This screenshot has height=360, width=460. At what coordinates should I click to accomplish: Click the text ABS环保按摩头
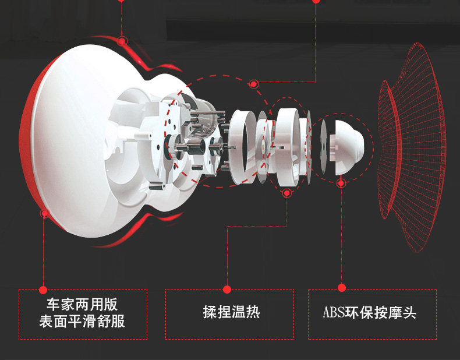pyautogui.click(x=370, y=313)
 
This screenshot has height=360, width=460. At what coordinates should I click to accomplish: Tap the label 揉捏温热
pyautogui.click(x=231, y=313)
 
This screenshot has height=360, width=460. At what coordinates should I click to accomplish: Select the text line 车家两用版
pyautogui.click(x=82, y=305)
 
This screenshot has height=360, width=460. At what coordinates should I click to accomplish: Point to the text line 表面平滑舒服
pyautogui.click(x=82, y=321)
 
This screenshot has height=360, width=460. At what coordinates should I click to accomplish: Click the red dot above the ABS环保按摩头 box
pyautogui.click(x=342, y=288)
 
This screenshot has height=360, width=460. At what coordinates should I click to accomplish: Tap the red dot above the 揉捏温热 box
pyautogui.click(x=227, y=289)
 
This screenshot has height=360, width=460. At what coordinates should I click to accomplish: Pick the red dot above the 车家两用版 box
pyautogui.click(x=43, y=289)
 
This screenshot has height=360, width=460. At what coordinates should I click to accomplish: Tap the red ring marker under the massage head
pyautogui.click(x=341, y=182)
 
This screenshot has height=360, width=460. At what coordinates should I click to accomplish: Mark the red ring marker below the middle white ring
pyautogui.click(x=286, y=193)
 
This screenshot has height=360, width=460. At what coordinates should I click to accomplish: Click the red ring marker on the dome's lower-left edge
pyautogui.click(x=44, y=214)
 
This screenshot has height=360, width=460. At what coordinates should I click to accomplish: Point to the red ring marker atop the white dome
pyautogui.click(x=122, y=41)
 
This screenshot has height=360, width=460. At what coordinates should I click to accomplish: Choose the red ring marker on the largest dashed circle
pyautogui.click(x=253, y=84)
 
